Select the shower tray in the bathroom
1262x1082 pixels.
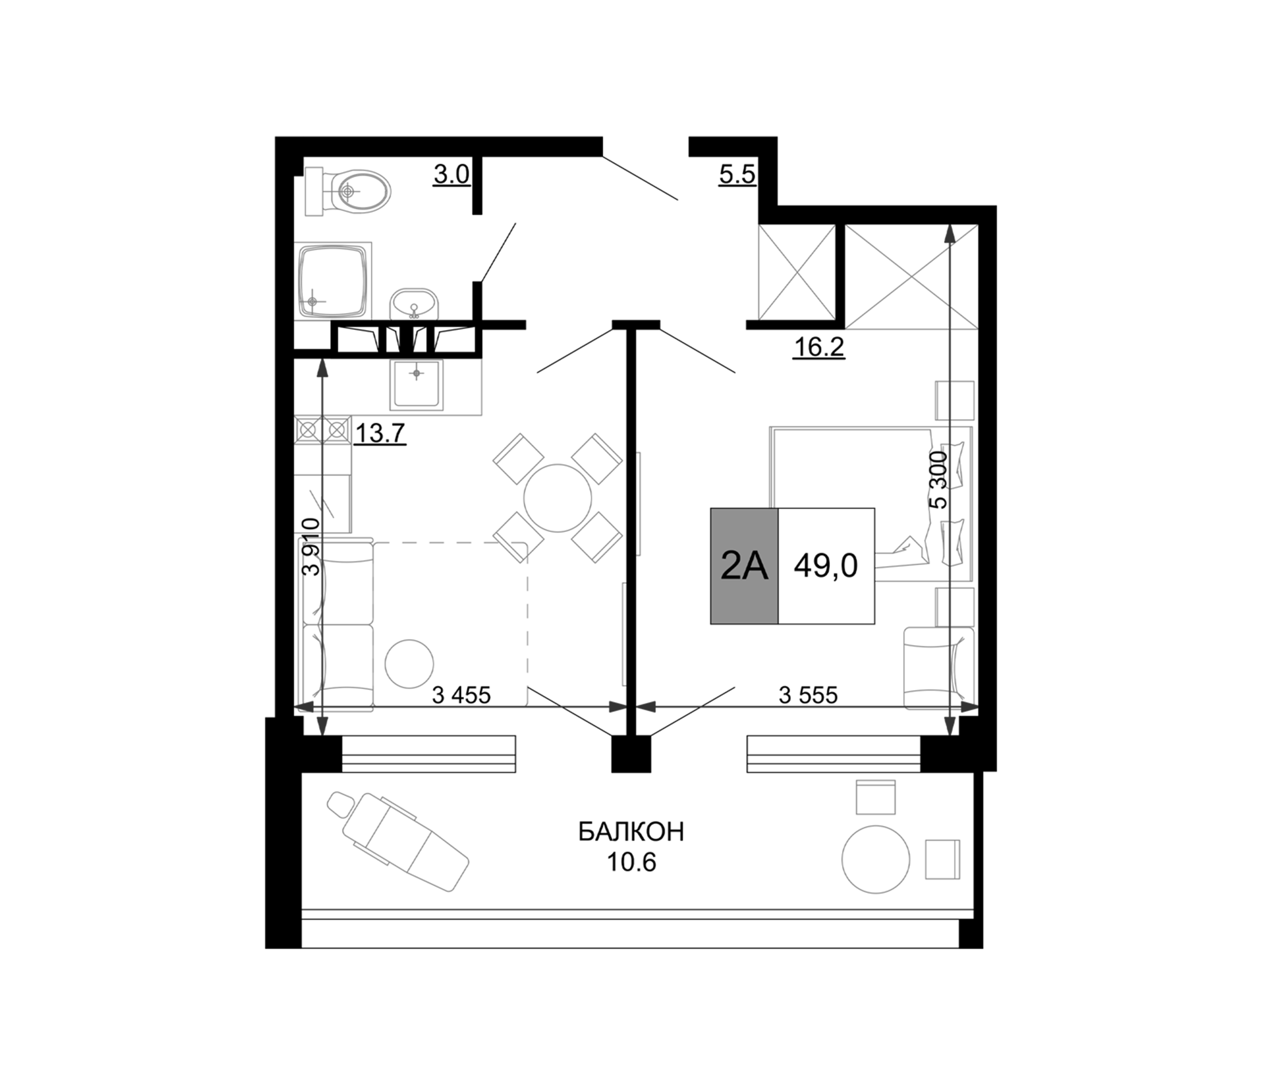tap(332, 281)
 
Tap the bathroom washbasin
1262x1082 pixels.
tap(414, 304)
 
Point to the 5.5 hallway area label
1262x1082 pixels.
tap(737, 176)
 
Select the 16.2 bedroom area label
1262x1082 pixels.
tap(818, 347)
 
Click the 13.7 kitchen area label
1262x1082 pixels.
tap(380, 433)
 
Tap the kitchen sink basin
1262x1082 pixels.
tap(416, 384)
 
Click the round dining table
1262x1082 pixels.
tap(557, 498)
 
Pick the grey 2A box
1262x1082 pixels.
tap(744, 566)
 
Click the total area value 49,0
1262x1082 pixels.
tap(826, 566)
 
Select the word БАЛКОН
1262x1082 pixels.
tap(631, 831)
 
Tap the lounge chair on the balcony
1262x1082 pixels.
tap(399, 841)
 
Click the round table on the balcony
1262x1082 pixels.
tap(875, 859)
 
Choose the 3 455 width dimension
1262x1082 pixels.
tap(461, 694)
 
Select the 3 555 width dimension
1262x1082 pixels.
tap(808, 694)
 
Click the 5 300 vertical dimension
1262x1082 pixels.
tap(939, 480)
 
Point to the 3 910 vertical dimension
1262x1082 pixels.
tap(311, 546)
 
